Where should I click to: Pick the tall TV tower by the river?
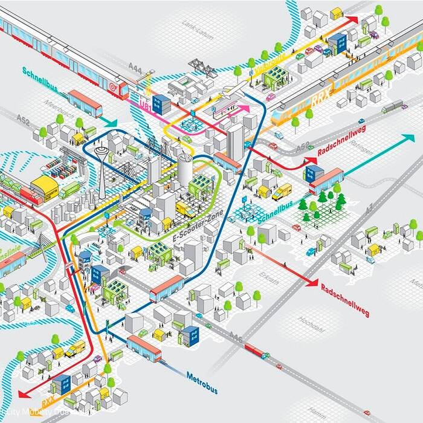point(102,163)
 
